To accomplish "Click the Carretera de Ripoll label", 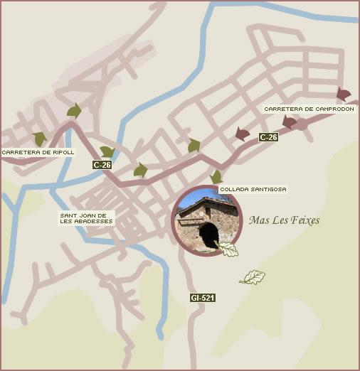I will (x=38, y=152).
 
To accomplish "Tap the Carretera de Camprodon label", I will (x=309, y=109).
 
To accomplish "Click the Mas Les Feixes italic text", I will (x=284, y=220).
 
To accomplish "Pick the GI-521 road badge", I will (x=203, y=298).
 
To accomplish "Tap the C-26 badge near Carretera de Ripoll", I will (x=102, y=165).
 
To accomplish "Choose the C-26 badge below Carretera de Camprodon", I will (x=268, y=137).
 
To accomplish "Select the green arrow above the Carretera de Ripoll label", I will (x=40, y=138).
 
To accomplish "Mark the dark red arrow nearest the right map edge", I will (x=344, y=95).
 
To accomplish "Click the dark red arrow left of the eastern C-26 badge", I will (x=243, y=134).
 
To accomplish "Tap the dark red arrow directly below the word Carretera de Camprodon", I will (x=289, y=122).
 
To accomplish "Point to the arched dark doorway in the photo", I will (x=208, y=235).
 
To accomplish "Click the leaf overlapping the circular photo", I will (x=228, y=249).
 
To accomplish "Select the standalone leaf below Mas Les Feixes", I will (x=252, y=277).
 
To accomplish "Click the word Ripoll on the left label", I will (x=63, y=152).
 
